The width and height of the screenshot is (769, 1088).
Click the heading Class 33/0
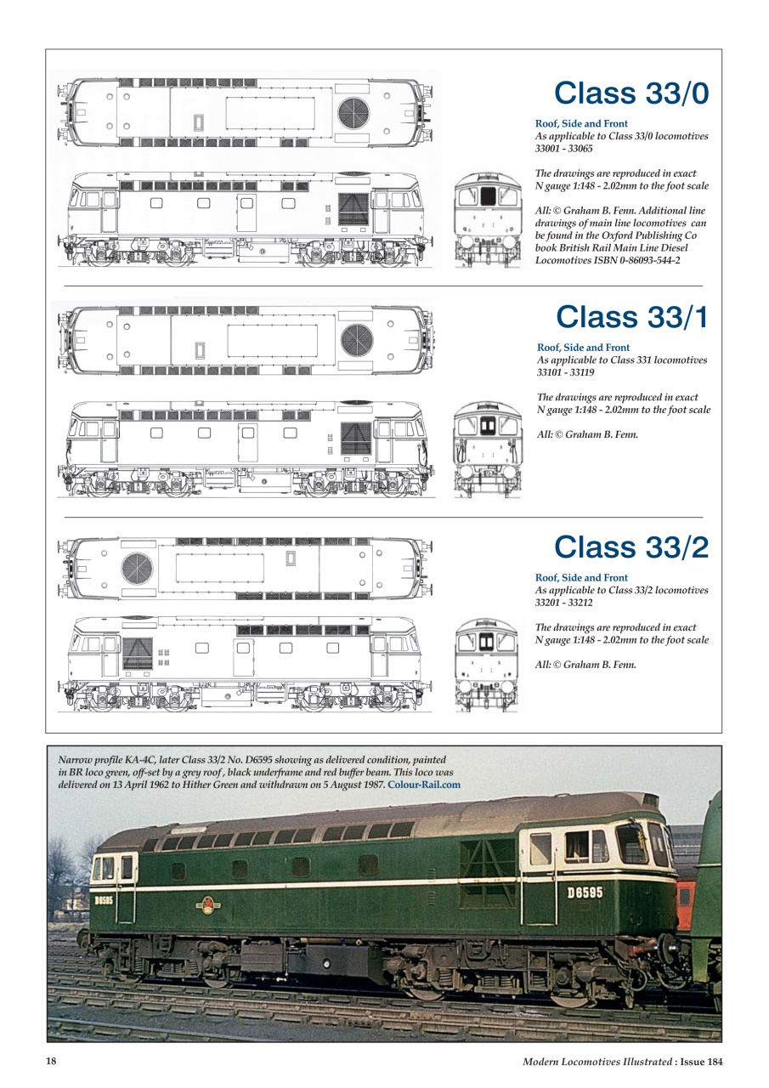point(630,93)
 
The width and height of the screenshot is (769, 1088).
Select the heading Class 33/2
point(630,547)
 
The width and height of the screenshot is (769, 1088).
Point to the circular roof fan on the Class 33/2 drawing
point(136,568)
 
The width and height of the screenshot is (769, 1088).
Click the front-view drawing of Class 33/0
point(487,219)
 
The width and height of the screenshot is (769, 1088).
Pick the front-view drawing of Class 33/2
point(487,666)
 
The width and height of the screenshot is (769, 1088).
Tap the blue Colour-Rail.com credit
point(424,785)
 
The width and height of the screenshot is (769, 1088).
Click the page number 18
point(52,1061)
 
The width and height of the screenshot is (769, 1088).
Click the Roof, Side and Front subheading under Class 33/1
point(584,348)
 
